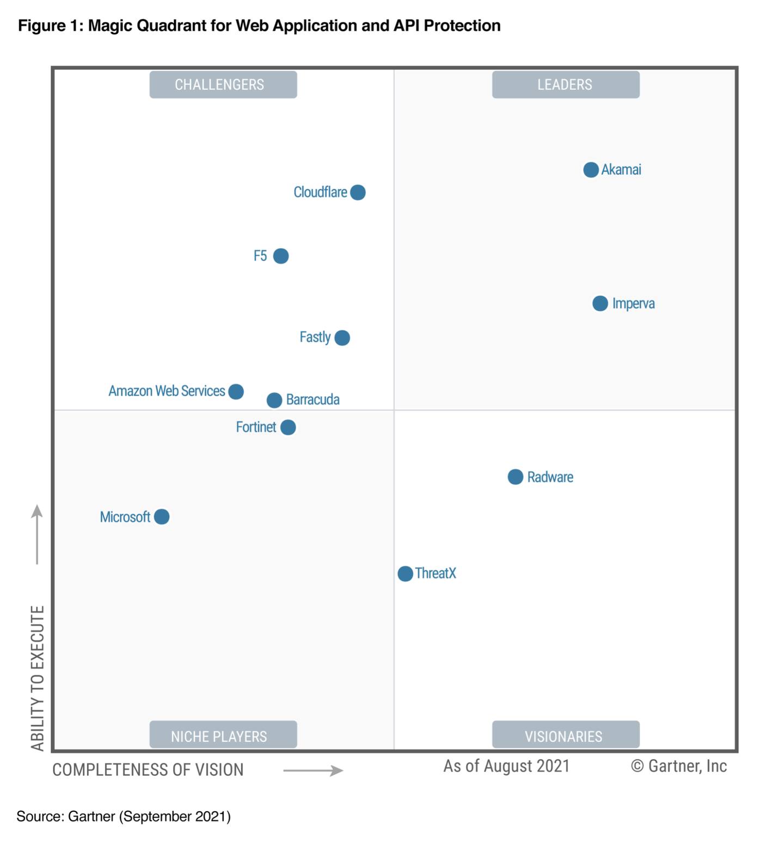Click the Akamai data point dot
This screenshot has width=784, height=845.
tap(591, 170)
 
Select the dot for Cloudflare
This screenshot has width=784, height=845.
tap(358, 192)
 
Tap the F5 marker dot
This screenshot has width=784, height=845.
tap(281, 256)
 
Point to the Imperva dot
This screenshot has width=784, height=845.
tap(600, 303)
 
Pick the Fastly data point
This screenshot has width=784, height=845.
tap(342, 337)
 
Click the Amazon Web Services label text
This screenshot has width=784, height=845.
tap(167, 391)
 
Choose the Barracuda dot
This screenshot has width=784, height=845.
tap(274, 400)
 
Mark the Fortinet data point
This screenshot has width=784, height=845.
tap(288, 427)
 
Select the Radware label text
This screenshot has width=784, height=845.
tap(550, 477)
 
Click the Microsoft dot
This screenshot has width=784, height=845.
tap(162, 516)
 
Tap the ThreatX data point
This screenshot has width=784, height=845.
tap(405, 573)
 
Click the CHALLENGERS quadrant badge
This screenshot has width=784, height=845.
tap(223, 84)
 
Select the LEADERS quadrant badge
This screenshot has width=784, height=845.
tap(566, 84)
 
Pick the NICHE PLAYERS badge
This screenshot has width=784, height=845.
tap(223, 735)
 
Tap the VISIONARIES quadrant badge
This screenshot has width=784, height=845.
tap(566, 735)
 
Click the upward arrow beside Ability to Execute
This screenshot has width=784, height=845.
tap(37, 534)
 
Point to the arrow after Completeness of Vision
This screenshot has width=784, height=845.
tap(313, 770)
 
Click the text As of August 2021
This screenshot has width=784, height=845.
tap(506, 766)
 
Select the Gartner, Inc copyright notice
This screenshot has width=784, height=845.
tap(679, 766)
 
